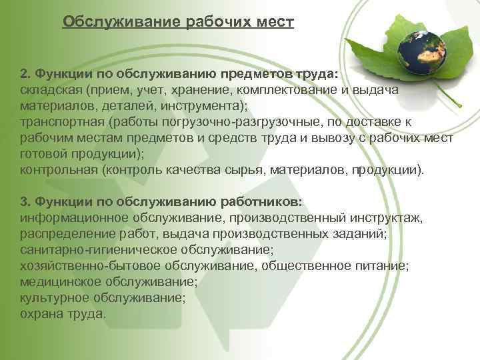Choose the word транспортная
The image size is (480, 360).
[58, 122]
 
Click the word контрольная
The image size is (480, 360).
[58, 170]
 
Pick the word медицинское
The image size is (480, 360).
[64, 281]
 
